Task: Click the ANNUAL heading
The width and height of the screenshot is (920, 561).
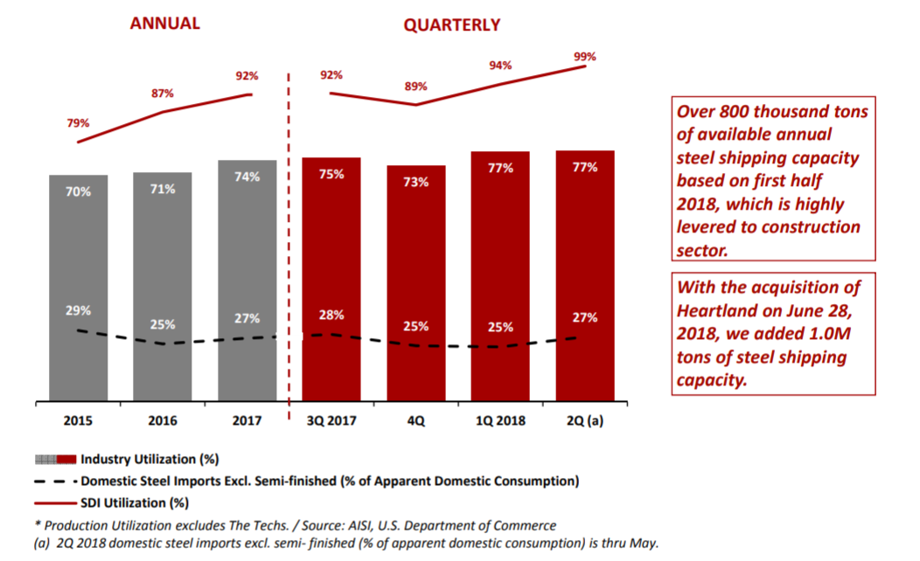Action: point(164,24)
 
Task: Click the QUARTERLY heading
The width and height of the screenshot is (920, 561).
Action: point(451,25)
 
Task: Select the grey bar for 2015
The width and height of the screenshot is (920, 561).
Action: point(78,288)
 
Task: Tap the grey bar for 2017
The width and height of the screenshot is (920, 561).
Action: point(247,280)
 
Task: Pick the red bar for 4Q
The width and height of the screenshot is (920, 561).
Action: point(416,284)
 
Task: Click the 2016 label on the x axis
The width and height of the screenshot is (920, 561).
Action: point(163,420)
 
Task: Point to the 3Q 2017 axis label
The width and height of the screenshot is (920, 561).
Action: point(331,420)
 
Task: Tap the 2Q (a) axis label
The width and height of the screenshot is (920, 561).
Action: point(584,420)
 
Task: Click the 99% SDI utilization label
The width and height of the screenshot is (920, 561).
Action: point(584,57)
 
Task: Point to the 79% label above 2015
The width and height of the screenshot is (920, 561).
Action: point(78,123)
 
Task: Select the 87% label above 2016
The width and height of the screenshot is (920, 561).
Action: point(163,93)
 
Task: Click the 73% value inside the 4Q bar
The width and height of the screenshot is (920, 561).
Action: point(416,183)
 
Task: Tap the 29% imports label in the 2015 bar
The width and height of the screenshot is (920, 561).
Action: point(78,310)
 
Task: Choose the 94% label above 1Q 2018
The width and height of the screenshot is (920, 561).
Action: point(500,66)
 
